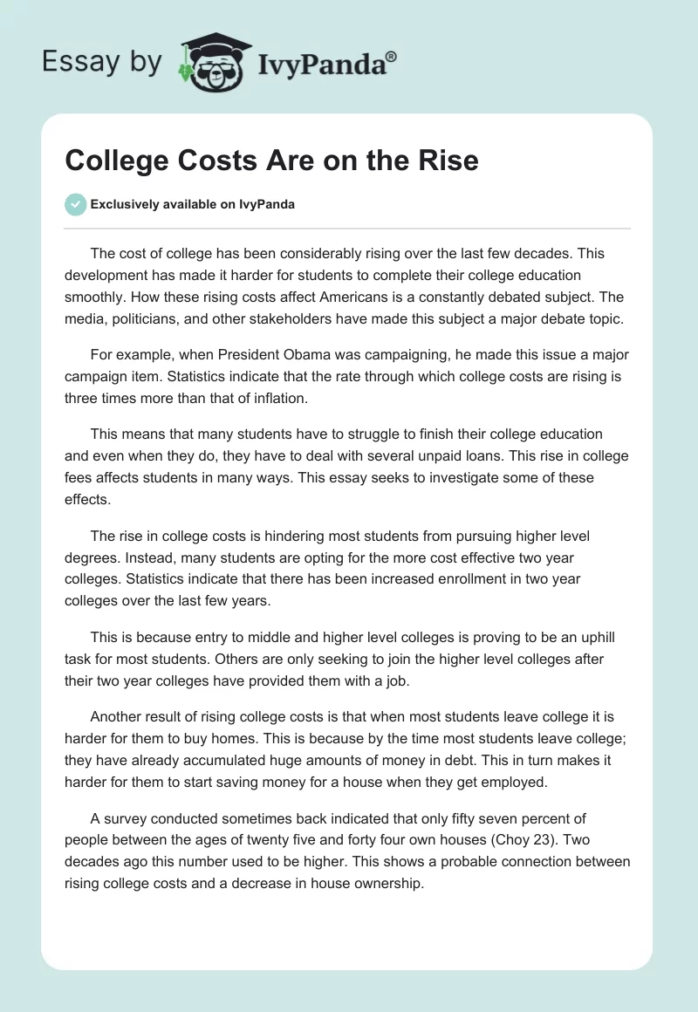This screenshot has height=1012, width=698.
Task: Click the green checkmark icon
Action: pyautogui.click(x=76, y=205)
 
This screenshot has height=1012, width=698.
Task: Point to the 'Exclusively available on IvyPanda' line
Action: pyautogui.click(x=192, y=205)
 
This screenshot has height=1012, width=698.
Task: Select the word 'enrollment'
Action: pyautogui.click(x=437, y=578)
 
